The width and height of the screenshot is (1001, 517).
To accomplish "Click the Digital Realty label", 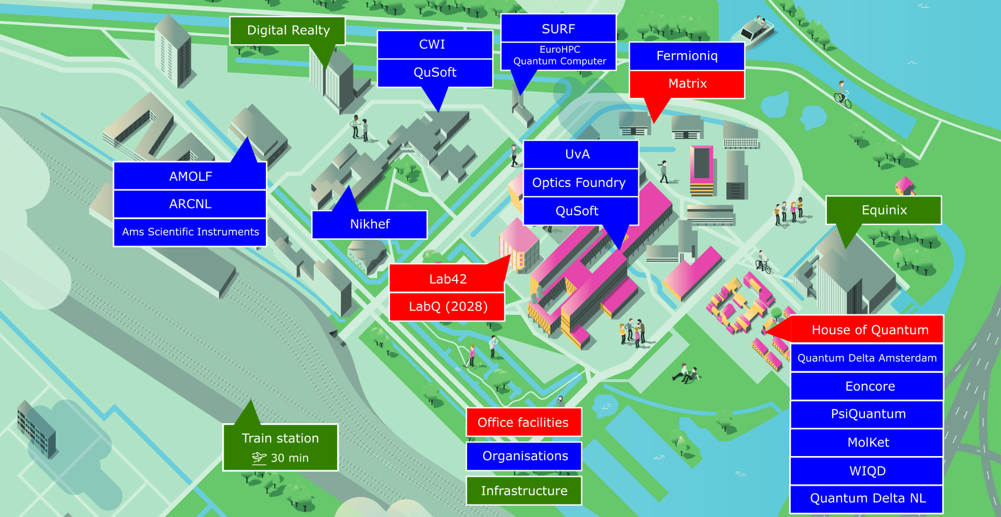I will (288, 30).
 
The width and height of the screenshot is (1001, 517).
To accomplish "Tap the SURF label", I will (558, 29).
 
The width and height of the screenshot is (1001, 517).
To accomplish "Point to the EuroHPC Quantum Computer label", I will (559, 56).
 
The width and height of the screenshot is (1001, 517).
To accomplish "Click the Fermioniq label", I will (687, 56).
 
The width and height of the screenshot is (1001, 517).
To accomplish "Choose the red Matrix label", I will (687, 83).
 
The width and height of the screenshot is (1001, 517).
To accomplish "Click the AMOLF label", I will (190, 176).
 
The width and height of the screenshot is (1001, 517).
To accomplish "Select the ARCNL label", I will (190, 204).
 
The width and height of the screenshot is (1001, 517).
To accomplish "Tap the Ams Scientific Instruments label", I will (190, 232).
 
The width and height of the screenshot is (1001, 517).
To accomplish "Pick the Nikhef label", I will (370, 224).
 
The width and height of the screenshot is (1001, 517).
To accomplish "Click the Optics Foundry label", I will (579, 182).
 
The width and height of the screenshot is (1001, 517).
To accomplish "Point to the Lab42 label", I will (447, 279).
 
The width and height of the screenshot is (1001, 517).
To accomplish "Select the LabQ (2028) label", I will (447, 306).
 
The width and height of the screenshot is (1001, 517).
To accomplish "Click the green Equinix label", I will (884, 210).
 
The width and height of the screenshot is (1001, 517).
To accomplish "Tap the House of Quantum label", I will (869, 330).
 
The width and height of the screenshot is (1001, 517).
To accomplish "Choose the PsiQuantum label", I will (868, 414).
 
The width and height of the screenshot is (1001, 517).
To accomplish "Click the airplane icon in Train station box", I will (259, 458).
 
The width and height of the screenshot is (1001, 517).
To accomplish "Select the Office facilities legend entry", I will (523, 422).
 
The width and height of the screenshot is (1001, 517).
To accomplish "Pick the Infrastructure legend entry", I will (523, 490).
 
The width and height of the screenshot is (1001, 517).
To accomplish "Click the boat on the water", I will (754, 29).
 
